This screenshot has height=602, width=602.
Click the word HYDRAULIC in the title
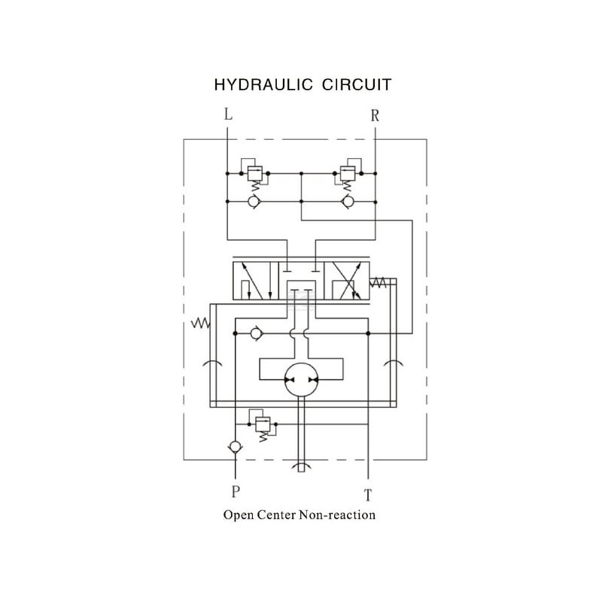[x=263, y=85]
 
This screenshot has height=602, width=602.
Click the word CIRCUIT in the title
[x=356, y=85]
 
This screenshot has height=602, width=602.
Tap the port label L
[x=228, y=114]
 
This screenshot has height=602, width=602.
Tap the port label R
[x=375, y=115]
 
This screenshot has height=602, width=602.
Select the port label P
[x=236, y=491]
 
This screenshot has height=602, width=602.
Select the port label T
[x=368, y=495]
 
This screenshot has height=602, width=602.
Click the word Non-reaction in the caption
[x=337, y=515]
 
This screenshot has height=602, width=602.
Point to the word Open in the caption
[x=239, y=515]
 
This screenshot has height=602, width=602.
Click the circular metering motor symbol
[x=302, y=380]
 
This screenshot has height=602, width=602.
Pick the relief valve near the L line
[x=254, y=174]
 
